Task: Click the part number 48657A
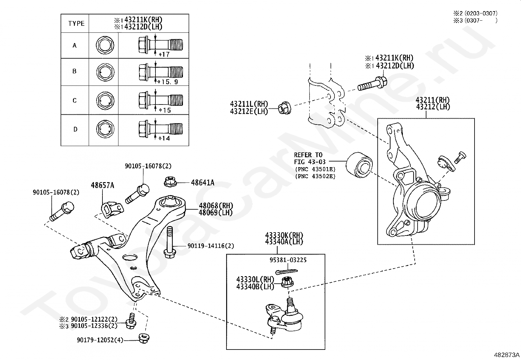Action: [x=102, y=185]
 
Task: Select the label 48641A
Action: [x=203, y=183]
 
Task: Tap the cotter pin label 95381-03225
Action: [x=288, y=260]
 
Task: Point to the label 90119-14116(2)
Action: [x=211, y=246]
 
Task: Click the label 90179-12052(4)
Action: [x=100, y=340]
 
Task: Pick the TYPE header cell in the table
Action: [x=76, y=24]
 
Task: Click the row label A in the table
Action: [x=75, y=46]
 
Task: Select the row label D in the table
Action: [x=75, y=129]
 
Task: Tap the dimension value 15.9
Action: [x=170, y=82]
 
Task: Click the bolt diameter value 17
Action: [x=166, y=54]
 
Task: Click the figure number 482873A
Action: [x=507, y=355]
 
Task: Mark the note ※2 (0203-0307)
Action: [x=475, y=13]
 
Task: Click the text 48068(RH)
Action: [x=216, y=206]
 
